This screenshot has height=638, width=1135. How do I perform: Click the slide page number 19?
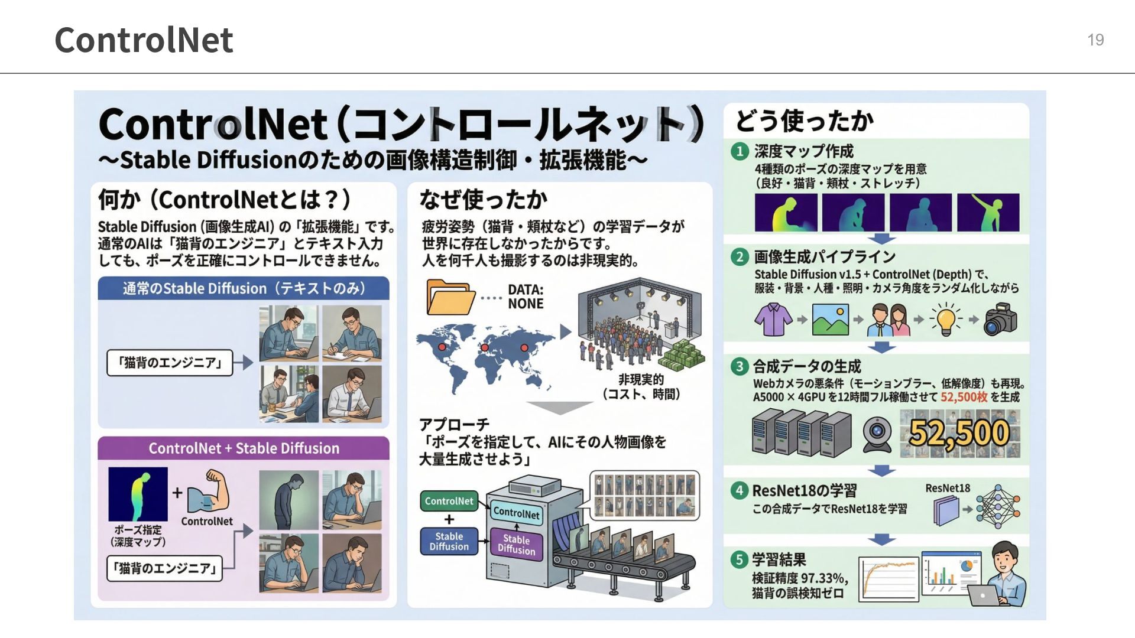(1095, 40)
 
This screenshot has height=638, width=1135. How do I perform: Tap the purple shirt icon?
(773, 319)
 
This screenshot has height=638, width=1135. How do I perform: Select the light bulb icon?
(946, 320)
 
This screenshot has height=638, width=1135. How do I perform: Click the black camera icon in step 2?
(1000, 319)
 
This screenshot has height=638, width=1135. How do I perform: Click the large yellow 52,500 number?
(959, 433)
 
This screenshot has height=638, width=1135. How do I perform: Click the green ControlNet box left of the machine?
(449, 501)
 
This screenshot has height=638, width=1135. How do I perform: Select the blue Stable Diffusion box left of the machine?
(449, 541)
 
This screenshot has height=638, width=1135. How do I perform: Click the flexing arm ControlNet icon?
(208, 491)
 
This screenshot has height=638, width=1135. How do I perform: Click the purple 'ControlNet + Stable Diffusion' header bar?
(244, 448)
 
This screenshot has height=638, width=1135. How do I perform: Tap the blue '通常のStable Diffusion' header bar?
(244, 288)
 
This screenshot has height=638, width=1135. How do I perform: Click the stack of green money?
(683, 356)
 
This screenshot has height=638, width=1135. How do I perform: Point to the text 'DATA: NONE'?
(525, 297)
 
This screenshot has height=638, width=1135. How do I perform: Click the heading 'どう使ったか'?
(804, 121)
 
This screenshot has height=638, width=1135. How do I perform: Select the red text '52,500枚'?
(964, 397)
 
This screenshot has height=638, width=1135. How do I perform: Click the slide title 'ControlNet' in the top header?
(144, 40)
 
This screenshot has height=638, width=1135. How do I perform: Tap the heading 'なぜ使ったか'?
(483, 200)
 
